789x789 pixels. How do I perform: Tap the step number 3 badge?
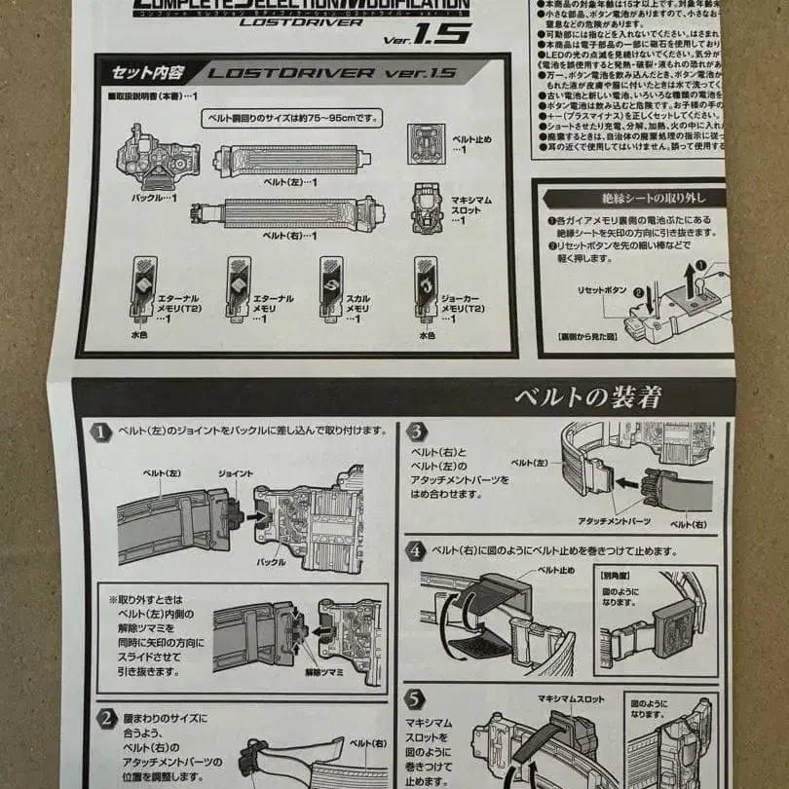click(415, 431)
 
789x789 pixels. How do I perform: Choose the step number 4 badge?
click(415, 551)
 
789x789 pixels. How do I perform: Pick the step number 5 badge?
click(415, 697)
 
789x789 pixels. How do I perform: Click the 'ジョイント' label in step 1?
click(236, 472)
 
